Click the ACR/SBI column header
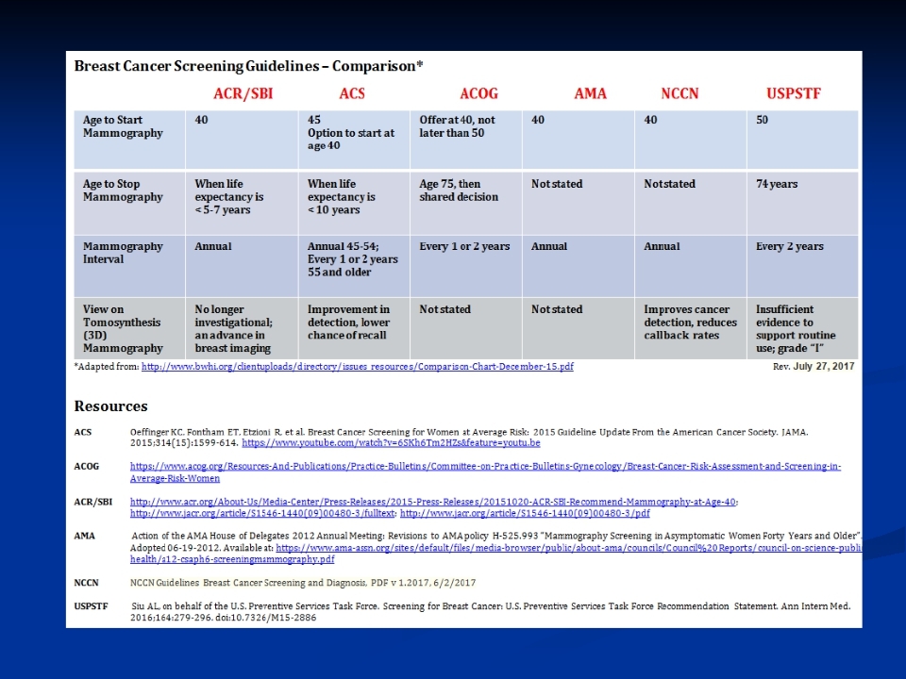(x=243, y=93)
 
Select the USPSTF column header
(x=799, y=93)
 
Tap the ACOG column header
(x=478, y=93)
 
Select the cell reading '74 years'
(x=777, y=184)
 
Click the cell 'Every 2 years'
(x=789, y=247)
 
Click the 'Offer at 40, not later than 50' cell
(x=457, y=126)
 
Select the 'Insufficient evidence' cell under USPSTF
(x=796, y=329)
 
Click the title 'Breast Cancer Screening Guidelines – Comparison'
(x=248, y=66)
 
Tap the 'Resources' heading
(x=110, y=406)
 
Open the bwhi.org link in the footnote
(x=357, y=366)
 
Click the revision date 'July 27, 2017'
(x=823, y=366)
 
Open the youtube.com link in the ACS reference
(x=391, y=442)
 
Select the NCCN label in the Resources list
(x=88, y=583)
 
